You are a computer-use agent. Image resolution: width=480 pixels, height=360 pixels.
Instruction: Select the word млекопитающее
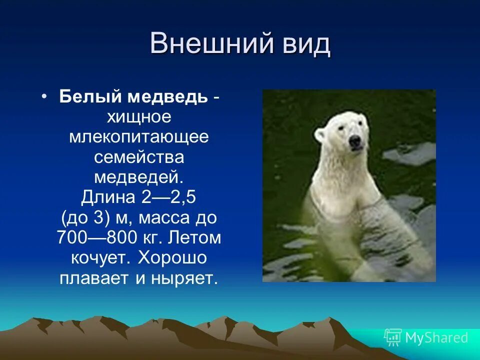pyautogui.click(x=139, y=136)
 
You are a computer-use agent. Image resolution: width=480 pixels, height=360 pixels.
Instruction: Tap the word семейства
pyautogui.click(x=139, y=156)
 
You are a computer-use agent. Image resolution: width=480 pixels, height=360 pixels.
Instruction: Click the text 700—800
pyautogui.click(x=96, y=237)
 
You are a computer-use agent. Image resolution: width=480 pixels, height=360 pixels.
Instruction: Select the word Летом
pyautogui.click(x=196, y=237)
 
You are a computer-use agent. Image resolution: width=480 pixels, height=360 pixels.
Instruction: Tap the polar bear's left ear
pyautogui.click(x=320, y=133)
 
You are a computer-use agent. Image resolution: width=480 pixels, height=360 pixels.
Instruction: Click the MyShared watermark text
pyautogui.click(x=436, y=337)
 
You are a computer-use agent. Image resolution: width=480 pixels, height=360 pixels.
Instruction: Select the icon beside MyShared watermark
pyautogui.click(x=393, y=337)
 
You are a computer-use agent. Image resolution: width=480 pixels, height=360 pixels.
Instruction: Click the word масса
pyautogui.click(x=161, y=217)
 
